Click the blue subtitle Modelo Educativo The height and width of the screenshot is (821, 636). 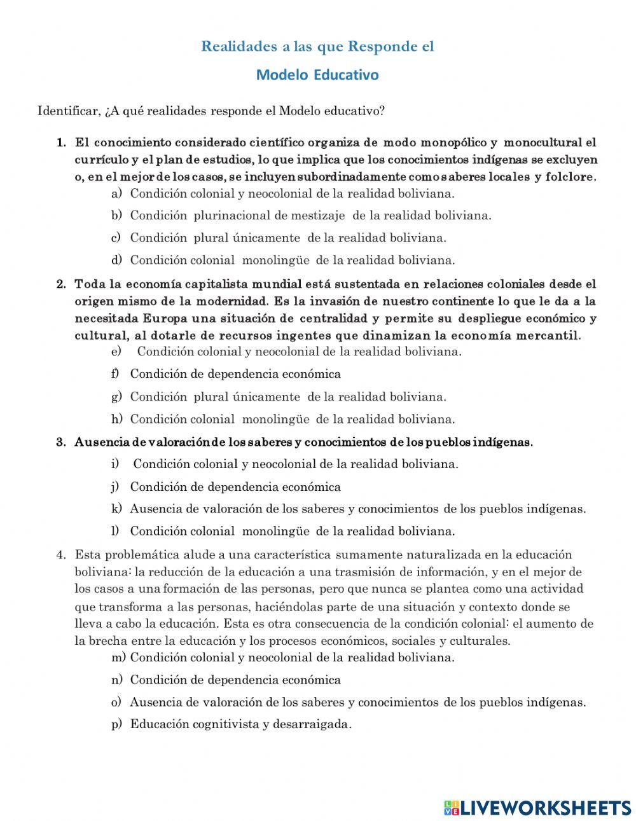[317, 75]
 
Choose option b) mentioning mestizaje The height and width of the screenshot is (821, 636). [310, 216]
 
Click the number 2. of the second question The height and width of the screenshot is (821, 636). [61, 284]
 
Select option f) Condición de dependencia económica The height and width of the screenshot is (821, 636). [235, 374]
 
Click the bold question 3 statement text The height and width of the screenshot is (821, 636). [303, 442]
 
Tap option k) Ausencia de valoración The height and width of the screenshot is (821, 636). [357, 509]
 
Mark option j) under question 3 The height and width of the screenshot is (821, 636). [235, 487]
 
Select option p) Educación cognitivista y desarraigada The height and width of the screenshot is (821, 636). [240, 724]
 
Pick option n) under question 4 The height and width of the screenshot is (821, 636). [235, 680]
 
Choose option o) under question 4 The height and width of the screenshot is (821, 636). [357, 703]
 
